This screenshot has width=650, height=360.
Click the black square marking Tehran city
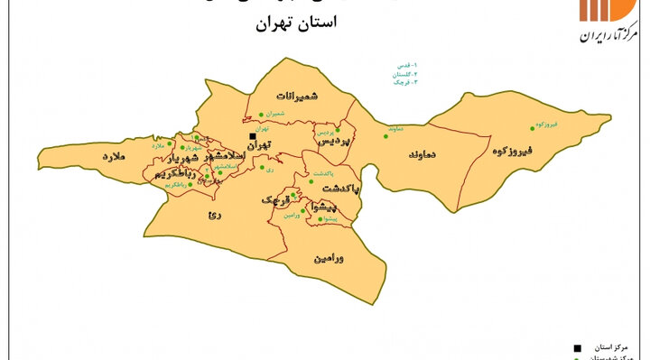(x=253, y=137)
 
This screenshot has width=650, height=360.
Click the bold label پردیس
(x=333, y=143)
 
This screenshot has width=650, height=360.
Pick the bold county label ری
(x=214, y=214)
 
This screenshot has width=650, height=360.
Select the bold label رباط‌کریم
(x=172, y=171)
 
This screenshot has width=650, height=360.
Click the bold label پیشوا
(x=324, y=207)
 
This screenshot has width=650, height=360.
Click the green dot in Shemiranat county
(x=261, y=114)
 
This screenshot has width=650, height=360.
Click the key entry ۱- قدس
(x=402, y=66)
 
